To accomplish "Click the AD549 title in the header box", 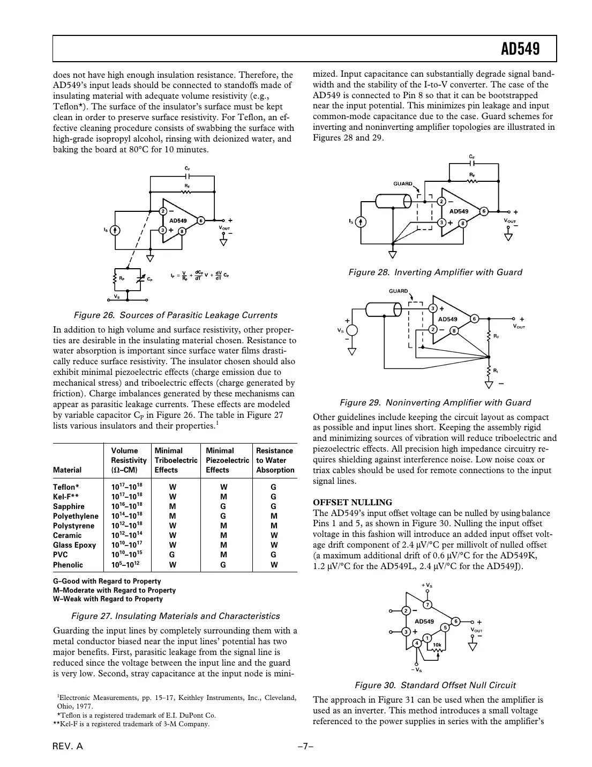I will tap(520, 49).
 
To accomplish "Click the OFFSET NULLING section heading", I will tap(352, 503).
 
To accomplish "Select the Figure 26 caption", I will tap(175, 315).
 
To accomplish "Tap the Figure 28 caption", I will tap(434, 272).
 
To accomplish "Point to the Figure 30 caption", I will tap(435, 685).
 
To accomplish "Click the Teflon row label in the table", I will tap(66, 487).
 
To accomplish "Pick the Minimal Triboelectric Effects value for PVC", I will tap(173, 555).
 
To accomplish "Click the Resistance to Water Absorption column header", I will tap(275, 460).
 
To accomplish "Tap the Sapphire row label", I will tap(69, 506).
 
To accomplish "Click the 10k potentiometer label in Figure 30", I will tap(437, 645).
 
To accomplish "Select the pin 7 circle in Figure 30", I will tap(427, 605).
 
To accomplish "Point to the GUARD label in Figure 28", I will tap(403, 183).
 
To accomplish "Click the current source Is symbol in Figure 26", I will tap(114, 230).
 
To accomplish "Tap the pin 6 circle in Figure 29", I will tap(474, 319).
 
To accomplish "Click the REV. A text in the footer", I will tap(68, 748).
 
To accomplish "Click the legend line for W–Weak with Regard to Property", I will tap(107, 599).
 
